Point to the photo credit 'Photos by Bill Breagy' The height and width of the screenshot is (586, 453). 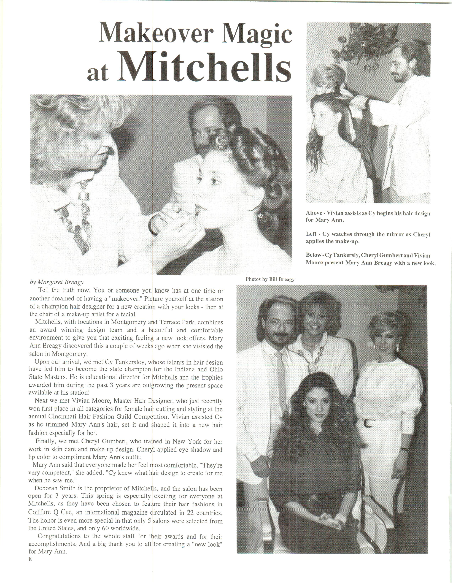tap(270, 279)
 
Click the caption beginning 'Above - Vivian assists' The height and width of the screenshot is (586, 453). tap(368, 216)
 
